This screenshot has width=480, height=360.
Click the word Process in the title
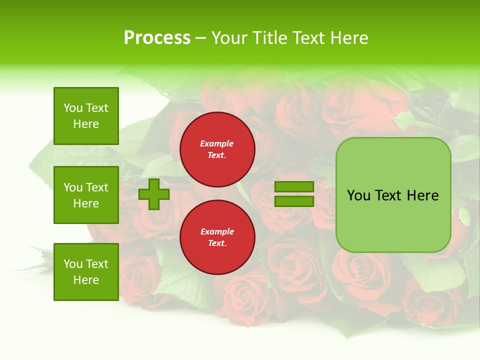point(157,38)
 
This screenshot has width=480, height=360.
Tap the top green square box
point(86,116)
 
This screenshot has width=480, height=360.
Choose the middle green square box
point(86,195)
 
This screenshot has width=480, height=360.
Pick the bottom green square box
point(86,271)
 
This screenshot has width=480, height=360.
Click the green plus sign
point(154,194)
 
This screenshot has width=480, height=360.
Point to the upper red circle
point(217,149)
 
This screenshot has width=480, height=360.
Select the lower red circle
point(217,237)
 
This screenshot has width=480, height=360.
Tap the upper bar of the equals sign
point(294,187)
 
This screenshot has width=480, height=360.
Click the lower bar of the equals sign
point(294,201)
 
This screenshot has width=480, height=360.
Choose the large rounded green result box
point(393,195)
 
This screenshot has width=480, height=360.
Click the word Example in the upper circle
point(217,143)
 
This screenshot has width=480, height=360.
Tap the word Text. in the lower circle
point(217,243)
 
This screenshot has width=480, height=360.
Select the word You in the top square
point(72,108)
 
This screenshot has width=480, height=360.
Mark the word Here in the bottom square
point(86,280)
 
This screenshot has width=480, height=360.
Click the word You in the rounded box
point(358,195)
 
